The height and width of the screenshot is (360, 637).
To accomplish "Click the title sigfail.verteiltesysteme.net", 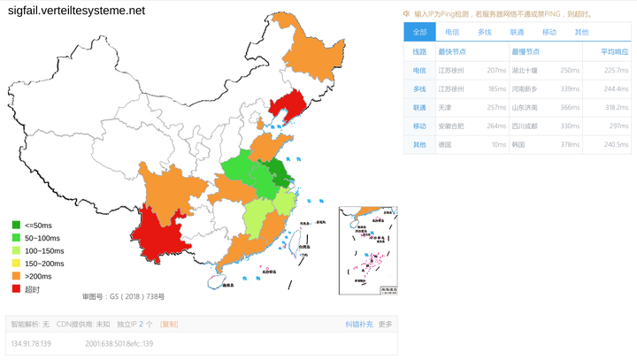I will click(x=76, y=11).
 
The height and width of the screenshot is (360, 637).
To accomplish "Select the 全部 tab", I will click(x=419, y=32).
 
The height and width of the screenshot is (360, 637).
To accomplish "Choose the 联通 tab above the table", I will click(x=517, y=32).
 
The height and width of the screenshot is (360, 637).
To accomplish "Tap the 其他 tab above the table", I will click(x=581, y=32).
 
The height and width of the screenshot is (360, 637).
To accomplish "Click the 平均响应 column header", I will click(x=614, y=51).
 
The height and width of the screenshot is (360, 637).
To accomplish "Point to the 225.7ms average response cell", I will click(x=615, y=70).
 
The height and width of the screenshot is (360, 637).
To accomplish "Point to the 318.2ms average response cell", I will click(x=615, y=107).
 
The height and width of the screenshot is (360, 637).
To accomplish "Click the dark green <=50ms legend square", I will click(x=16, y=226).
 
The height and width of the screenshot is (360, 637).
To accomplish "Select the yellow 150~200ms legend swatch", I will click(x=16, y=264).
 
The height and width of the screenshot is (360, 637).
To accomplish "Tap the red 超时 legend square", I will click(x=16, y=289).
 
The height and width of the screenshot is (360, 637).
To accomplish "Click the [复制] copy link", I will click(x=168, y=325).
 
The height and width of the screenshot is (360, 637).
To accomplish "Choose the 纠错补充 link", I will click(x=358, y=325).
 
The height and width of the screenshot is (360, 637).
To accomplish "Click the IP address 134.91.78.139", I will click(x=31, y=343).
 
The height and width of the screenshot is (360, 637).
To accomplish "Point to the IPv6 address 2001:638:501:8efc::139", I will click(x=119, y=343).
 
